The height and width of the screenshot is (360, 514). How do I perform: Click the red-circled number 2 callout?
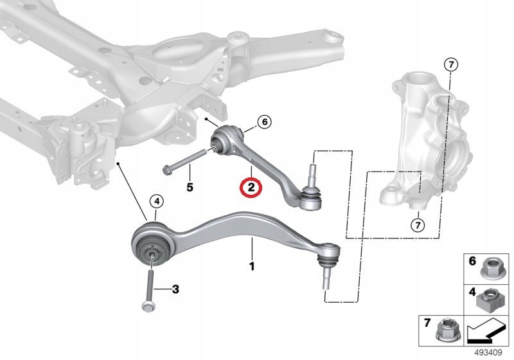point(251,188)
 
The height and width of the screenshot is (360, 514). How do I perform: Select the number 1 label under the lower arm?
point(252,266)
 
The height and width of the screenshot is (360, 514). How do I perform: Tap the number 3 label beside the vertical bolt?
point(175,289)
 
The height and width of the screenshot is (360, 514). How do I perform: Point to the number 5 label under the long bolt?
point(190,187)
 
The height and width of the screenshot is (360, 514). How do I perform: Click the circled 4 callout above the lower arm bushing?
point(157,201)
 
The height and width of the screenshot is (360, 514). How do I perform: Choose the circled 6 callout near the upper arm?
point(265,122)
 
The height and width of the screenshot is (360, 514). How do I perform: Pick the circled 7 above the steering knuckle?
point(451,65)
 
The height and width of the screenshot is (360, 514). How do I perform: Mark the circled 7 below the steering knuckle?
point(418,225)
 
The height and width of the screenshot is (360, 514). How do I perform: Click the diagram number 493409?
point(488,353)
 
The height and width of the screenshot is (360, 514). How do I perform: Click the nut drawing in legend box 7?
point(445,330)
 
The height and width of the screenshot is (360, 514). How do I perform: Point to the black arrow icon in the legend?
point(486,332)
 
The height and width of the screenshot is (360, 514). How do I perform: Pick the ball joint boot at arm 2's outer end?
point(310,197)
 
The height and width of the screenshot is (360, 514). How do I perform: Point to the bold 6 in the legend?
point(472,261)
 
